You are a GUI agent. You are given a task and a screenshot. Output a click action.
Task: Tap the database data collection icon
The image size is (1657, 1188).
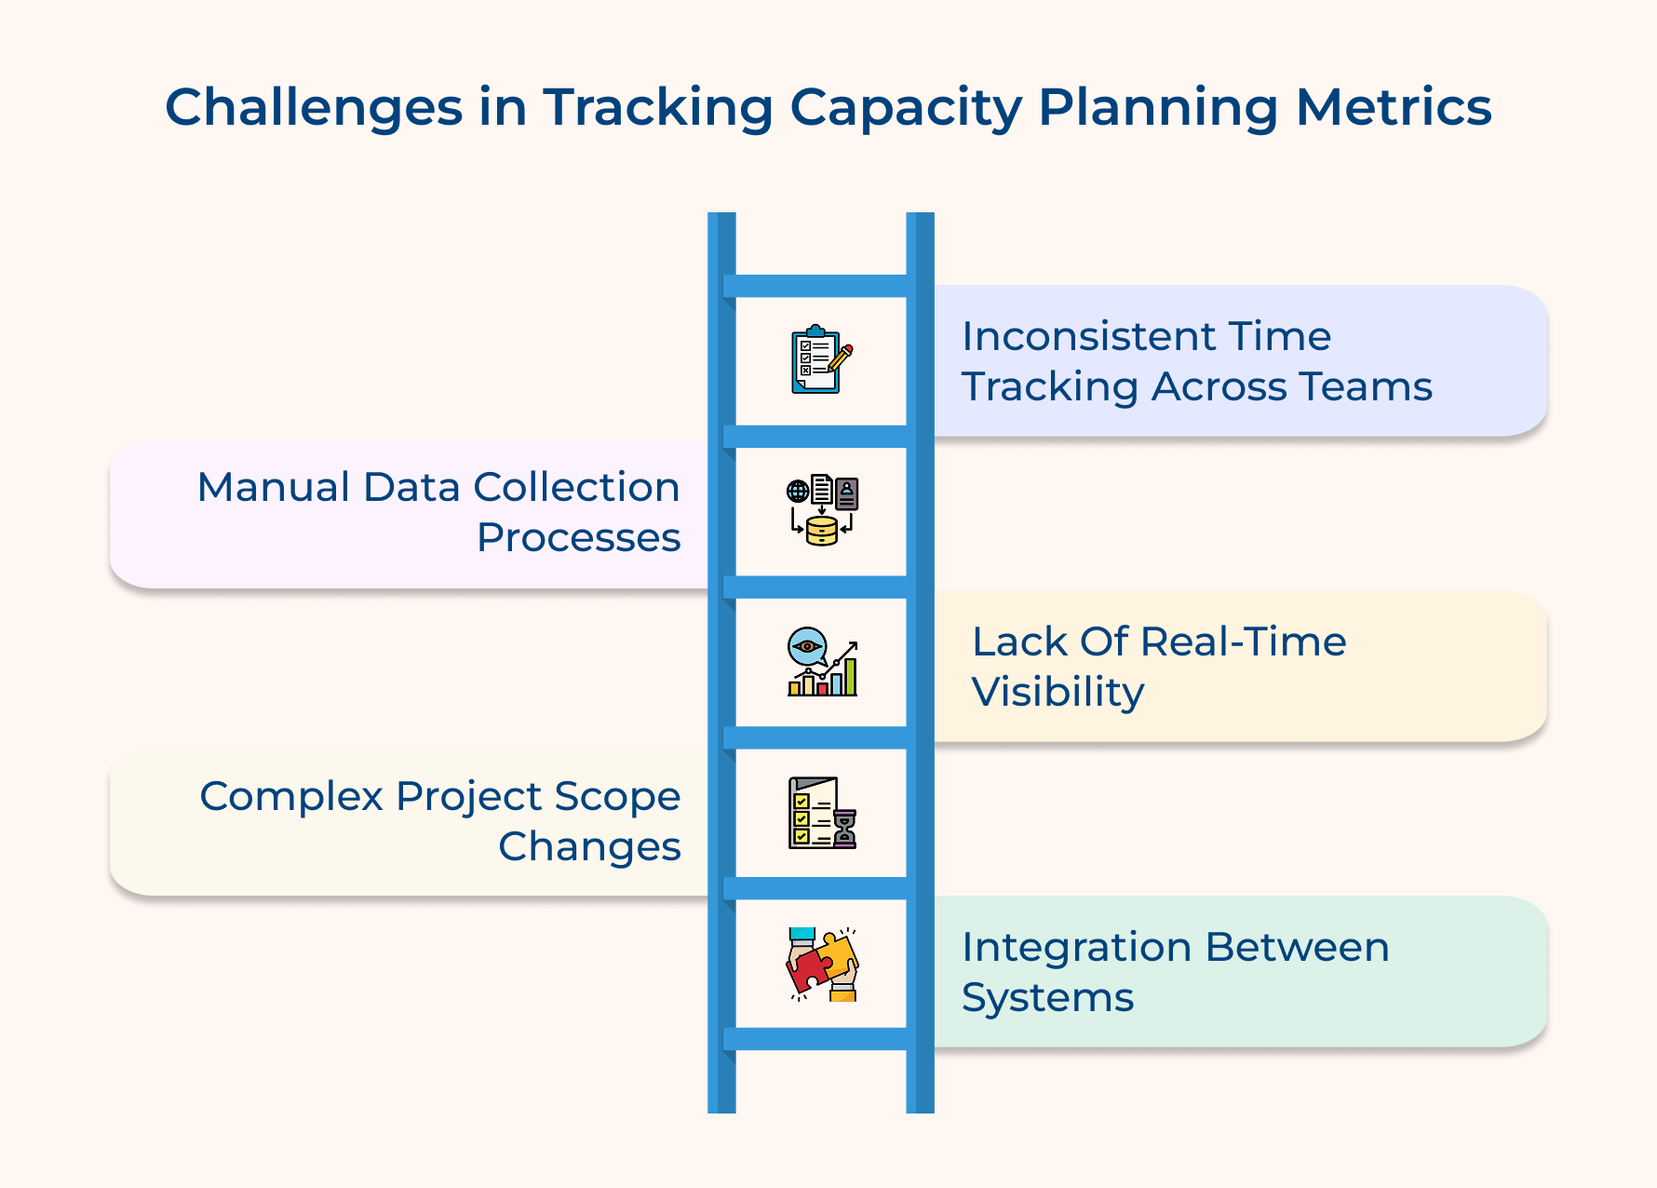click(821, 510)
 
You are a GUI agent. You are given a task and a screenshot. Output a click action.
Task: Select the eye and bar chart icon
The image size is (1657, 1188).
click(821, 662)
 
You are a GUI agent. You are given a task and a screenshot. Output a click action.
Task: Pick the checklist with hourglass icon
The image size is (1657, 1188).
click(821, 813)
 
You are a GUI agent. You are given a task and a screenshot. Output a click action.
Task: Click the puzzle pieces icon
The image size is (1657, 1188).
click(821, 964)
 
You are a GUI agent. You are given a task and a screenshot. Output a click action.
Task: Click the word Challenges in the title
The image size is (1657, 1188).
click(314, 107)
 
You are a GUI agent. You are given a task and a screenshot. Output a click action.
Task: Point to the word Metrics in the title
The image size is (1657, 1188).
click(1394, 107)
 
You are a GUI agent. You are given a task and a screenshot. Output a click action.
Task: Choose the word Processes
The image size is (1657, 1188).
click(578, 537)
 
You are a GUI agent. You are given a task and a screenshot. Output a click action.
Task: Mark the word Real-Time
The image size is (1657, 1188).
click(1243, 641)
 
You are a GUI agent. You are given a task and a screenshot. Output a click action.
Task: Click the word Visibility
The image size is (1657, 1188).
click(1058, 692)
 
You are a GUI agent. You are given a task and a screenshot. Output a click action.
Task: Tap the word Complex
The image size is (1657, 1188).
click(291, 796)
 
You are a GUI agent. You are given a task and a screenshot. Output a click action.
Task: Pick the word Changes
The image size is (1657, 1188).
click(589, 846)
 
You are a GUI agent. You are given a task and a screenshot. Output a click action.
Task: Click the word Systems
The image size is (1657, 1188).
click(1047, 997)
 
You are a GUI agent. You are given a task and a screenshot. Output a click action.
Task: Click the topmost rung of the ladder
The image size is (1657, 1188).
click(821, 286)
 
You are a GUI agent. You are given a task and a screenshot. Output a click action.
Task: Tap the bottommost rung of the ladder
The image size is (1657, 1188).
click(821, 1039)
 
